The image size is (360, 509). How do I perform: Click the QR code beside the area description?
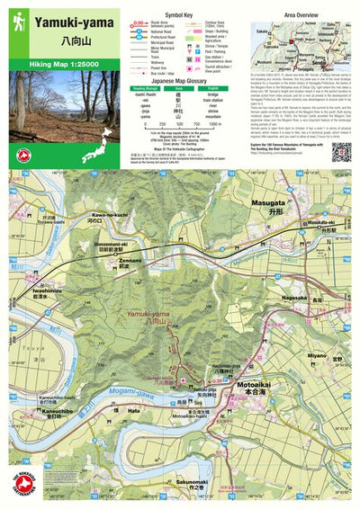[x=340, y=151]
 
